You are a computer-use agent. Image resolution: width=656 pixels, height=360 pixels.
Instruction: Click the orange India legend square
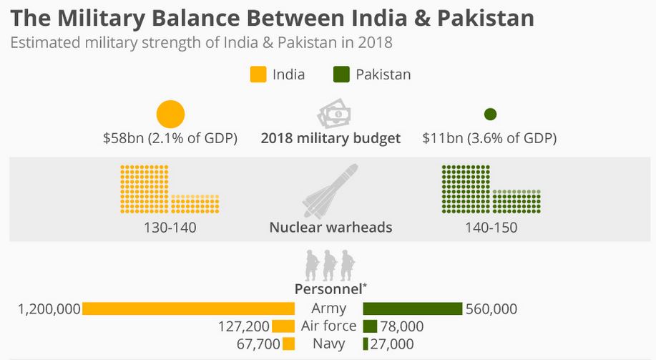(x=258, y=74)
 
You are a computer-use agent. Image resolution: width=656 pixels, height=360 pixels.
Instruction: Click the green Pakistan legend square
(x=341, y=74)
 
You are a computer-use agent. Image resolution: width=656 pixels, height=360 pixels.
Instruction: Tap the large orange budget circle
(x=170, y=115)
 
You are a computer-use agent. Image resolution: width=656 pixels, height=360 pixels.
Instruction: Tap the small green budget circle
(x=490, y=115)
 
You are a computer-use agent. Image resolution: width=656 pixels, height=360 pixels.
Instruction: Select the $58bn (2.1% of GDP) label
(x=170, y=138)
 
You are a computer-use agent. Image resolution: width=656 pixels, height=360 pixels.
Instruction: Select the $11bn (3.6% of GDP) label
(x=489, y=138)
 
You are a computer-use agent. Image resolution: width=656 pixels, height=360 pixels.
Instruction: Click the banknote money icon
(x=334, y=114)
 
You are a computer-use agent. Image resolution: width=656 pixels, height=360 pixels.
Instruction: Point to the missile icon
(x=330, y=191)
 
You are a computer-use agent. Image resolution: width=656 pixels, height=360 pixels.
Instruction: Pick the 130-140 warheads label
(x=170, y=228)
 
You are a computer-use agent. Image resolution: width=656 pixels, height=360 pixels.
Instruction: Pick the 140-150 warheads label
(x=490, y=228)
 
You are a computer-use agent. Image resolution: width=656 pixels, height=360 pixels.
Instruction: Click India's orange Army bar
(x=188, y=308)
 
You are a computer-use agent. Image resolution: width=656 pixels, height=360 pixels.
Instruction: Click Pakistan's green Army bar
(x=412, y=308)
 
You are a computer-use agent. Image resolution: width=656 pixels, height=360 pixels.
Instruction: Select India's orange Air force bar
(x=283, y=326)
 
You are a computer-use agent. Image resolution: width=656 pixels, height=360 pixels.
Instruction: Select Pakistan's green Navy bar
(x=366, y=344)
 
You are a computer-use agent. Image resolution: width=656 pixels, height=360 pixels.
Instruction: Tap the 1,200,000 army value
(x=49, y=309)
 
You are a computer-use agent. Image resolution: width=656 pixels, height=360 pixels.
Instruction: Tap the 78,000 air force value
(x=401, y=326)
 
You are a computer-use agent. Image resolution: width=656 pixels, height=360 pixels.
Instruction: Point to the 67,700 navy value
(x=258, y=344)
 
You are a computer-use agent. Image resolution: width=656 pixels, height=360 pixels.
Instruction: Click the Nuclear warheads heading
(x=331, y=228)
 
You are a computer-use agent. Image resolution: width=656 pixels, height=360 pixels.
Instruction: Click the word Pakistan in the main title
(x=483, y=17)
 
